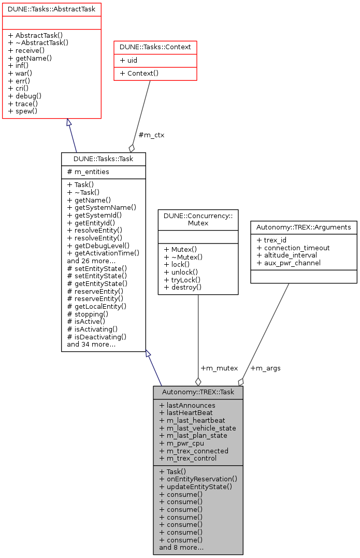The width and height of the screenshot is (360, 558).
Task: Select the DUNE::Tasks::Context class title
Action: point(155,47)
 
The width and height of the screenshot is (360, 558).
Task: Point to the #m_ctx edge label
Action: point(152,135)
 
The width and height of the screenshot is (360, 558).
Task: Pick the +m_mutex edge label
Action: point(219,368)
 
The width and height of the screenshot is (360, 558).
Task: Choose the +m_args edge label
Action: point(265,368)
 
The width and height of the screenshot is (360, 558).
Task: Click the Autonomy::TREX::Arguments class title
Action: point(304,227)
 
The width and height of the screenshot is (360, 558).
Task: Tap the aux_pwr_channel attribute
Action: point(292,263)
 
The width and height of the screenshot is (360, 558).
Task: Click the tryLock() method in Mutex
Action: point(183,279)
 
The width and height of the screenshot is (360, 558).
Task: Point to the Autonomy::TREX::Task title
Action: point(198,392)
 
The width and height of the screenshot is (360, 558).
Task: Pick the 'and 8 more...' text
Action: point(181,547)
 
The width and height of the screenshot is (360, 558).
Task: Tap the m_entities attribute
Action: point(88,171)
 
